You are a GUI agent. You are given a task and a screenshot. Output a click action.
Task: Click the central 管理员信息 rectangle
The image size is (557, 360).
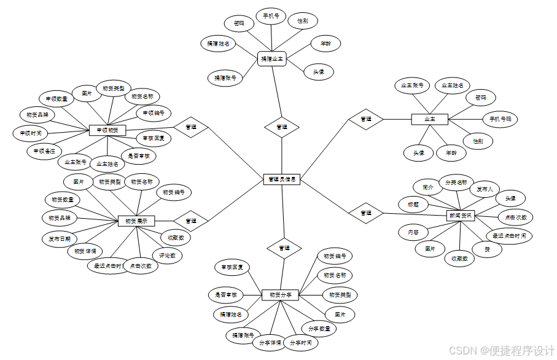(281, 179)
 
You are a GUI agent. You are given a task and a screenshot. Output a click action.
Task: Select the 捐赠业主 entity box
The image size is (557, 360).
(272, 60)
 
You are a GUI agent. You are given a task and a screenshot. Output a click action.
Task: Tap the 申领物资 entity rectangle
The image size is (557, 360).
(107, 130)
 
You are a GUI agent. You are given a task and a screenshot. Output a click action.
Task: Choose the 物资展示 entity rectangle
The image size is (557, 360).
(136, 221)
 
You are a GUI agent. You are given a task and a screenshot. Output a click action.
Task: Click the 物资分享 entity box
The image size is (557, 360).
(280, 295)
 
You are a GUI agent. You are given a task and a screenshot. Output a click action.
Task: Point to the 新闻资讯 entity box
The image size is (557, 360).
(460, 215)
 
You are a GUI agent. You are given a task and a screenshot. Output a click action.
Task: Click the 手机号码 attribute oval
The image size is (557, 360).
(500, 119)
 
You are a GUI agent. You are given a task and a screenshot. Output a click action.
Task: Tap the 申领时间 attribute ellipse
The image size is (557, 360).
(30, 133)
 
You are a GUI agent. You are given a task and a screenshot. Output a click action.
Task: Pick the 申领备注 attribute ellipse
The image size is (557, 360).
(44, 151)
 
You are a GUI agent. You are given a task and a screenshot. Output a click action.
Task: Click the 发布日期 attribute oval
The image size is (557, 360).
(60, 238)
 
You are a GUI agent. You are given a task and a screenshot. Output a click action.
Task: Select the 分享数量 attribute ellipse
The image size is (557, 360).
(319, 329)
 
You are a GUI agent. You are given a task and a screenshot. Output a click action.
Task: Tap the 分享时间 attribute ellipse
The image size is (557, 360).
(301, 342)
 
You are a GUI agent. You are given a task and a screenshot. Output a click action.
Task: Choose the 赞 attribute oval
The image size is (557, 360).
(487, 249)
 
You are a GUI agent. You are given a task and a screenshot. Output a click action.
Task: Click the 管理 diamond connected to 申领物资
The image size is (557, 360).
(191, 127)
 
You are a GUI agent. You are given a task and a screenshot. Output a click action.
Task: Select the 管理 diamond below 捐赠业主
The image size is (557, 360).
(282, 127)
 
